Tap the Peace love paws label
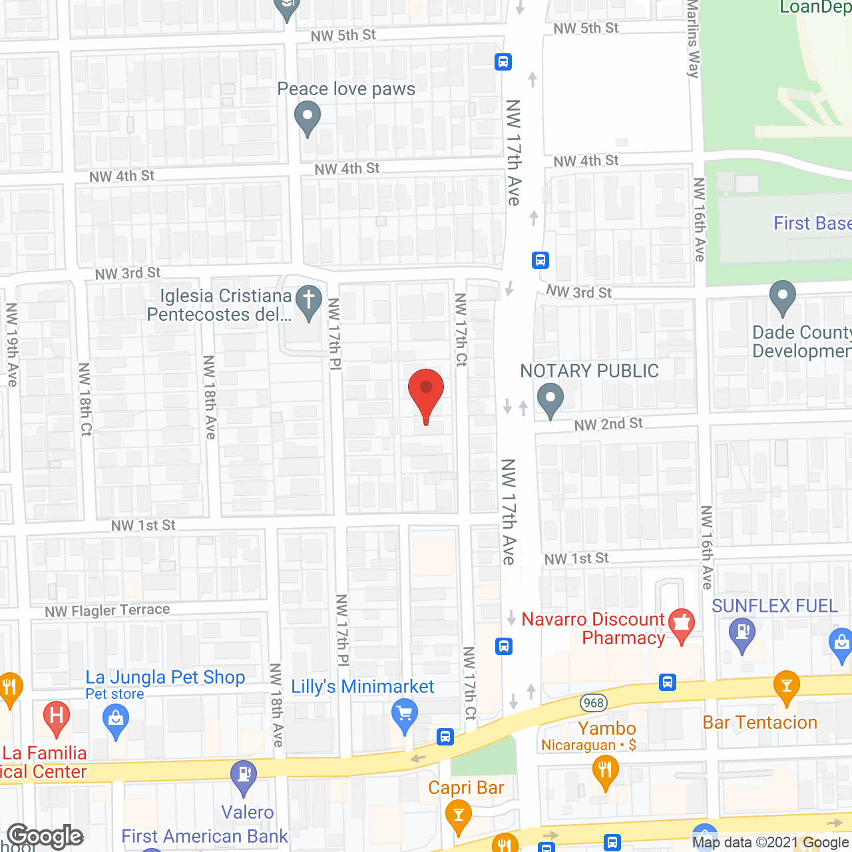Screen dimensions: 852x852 (346, 89)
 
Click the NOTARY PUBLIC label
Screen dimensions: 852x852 (589, 371)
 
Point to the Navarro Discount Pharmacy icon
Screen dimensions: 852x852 (681, 624)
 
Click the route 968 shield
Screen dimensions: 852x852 (593, 703)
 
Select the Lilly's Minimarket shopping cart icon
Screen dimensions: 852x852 (404, 716)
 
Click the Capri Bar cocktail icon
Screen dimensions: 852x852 (458, 815)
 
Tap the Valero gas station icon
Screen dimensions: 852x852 (244, 775)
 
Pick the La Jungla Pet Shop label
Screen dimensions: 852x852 (165, 678)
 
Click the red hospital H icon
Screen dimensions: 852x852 (57, 718)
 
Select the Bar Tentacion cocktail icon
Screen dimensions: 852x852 (786, 687)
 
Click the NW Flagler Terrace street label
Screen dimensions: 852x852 (107, 610)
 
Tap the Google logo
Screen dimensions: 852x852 (45, 836)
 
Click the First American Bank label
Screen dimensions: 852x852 (204, 836)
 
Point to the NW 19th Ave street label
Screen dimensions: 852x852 (12, 344)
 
